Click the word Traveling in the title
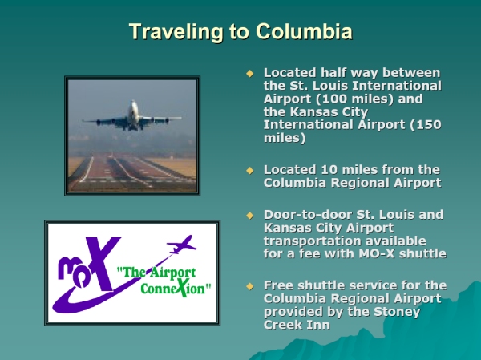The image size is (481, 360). pos(176,32)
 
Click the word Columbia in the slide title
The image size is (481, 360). pos(304,31)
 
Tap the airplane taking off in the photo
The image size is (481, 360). pos(132,116)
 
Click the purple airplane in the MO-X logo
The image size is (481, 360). pos(181,245)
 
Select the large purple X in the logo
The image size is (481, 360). pos(103,263)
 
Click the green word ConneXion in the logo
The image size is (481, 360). pos(174,288)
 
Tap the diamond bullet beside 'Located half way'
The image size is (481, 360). pos(250,73)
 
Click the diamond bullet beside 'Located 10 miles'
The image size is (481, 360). pos(250,170)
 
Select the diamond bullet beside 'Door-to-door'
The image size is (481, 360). pos(250,216)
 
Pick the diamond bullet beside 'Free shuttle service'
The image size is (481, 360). pos(250,286)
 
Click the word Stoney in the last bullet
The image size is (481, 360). pos(397,312)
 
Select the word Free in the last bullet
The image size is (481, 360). pos(278,285)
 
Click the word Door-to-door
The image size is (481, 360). pos(308,215)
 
